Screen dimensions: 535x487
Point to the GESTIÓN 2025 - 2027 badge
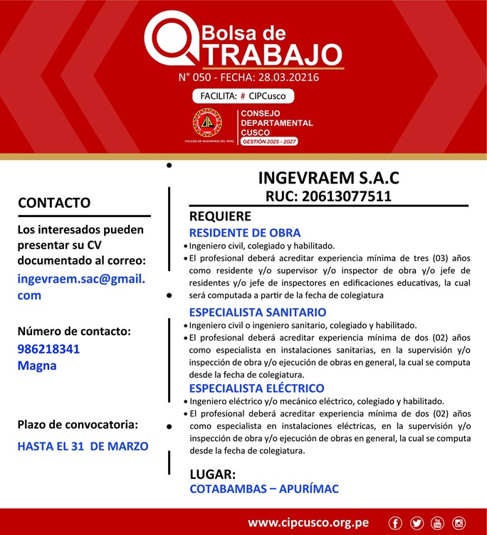[x=270, y=142]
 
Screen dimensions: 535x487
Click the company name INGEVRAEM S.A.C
[x=328, y=176]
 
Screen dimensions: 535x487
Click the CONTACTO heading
[x=54, y=203]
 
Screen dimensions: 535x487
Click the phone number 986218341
[x=48, y=349]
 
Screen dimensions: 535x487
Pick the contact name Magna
[x=36, y=366]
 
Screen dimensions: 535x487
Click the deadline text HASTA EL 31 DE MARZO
[x=83, y=446]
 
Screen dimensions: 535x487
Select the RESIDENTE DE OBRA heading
[x=244, y=233]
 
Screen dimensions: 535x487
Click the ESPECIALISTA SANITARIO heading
[x=257, y=312]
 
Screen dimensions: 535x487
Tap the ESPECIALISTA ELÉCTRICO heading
[x=256, y=388]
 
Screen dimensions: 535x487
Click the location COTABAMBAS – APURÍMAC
[x=264, y=489]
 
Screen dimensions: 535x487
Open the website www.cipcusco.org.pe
[x=308, y=522]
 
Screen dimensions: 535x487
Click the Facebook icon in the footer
[x=396, y=523]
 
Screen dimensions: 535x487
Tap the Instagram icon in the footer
[x=459, y=523]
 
